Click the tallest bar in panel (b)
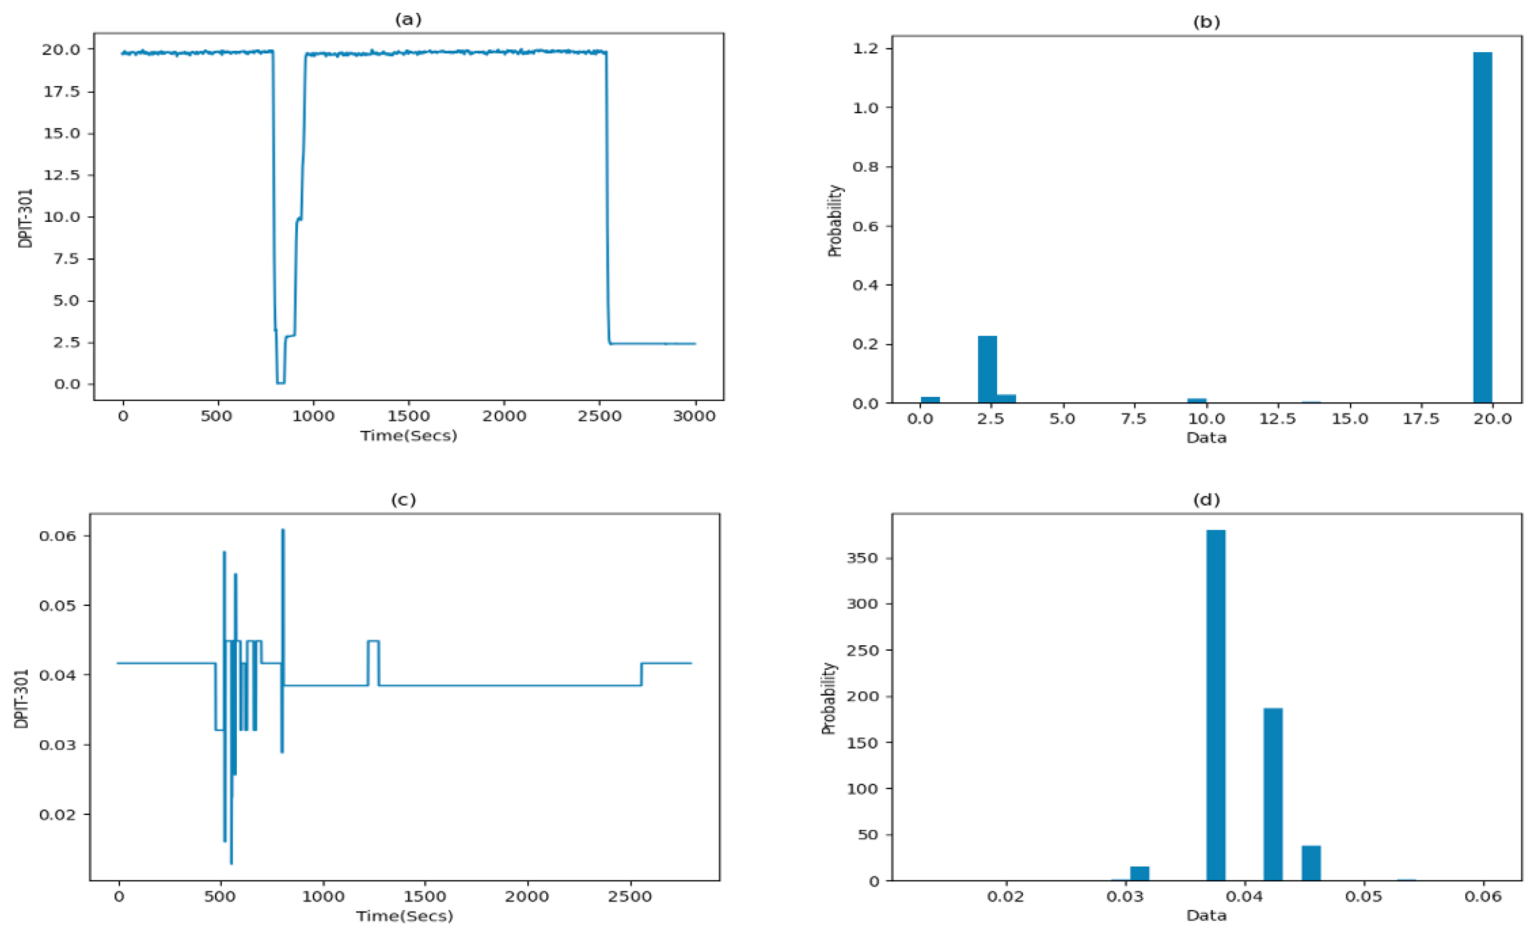click(1482, 227)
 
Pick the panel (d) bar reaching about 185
click(1273, 794)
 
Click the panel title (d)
click(1206, 500)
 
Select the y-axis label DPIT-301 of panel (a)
click(26, 218)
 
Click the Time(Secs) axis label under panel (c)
click(405, 916)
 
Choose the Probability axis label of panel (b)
click(835, 221)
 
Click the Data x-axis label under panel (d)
click(1206, 916)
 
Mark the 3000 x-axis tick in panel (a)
click(694, 416)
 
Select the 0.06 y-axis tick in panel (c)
click(57, 536)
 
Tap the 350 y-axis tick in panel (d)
click(863, 558)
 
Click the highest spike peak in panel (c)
click(283, 531)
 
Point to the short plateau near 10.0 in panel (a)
click(300, 218)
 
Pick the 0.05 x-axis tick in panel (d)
click(1364, 896)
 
